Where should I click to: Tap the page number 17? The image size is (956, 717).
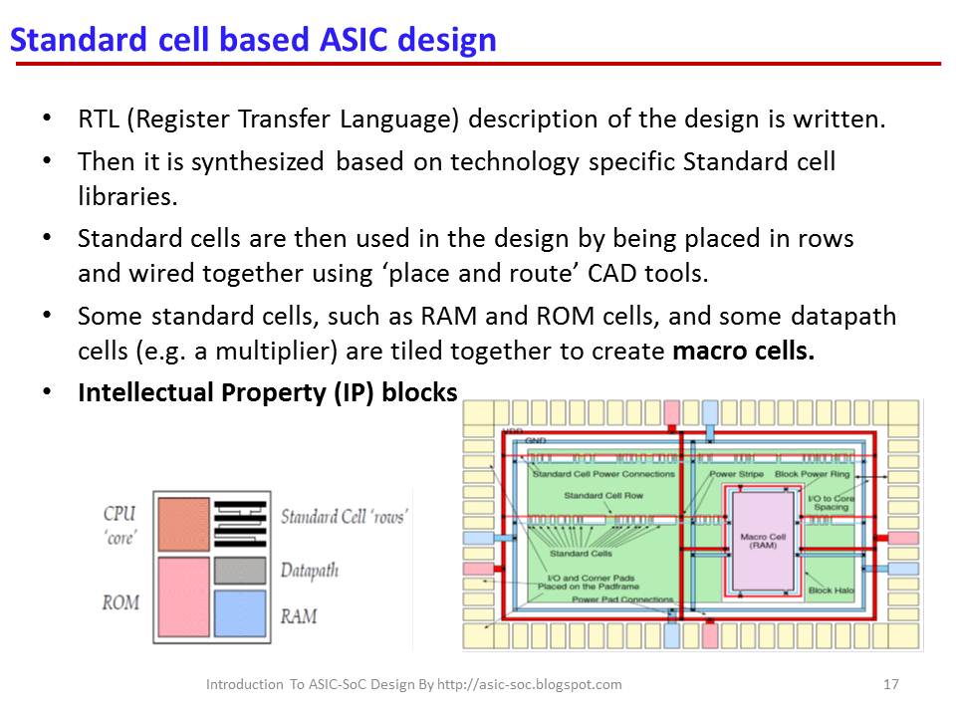(891, 684)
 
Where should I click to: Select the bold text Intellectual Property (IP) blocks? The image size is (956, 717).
(267, 391)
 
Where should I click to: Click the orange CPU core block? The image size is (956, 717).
(184, 524)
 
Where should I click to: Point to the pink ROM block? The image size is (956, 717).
(184, 596)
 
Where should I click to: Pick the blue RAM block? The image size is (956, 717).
(240, 612)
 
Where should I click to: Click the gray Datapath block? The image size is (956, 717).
(240, 570)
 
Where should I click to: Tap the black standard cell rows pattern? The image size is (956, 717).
(240, 523)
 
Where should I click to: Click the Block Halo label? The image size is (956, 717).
(831, 590)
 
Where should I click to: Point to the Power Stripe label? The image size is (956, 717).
(737, 474)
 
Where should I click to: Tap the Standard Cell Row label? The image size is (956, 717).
(603, 496)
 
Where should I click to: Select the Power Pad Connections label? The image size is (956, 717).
(622, 599)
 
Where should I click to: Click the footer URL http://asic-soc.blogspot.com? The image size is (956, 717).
(529, 684)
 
